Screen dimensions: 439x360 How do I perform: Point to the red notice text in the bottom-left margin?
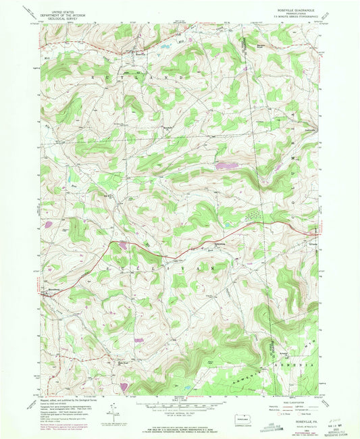tap(64, 426)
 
